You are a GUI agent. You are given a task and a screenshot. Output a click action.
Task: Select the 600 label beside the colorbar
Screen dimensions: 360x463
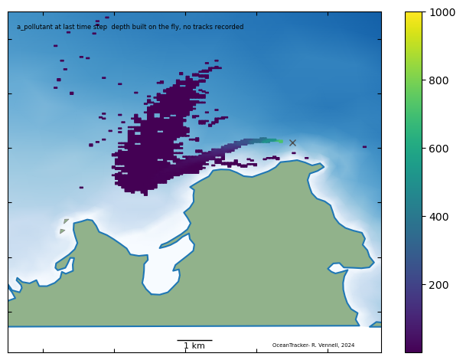439,149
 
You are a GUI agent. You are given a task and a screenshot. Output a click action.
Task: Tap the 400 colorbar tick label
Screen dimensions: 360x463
439,217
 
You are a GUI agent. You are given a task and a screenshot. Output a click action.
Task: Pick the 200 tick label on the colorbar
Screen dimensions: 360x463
439,285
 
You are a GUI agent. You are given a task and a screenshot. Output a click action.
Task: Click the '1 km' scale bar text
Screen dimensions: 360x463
194,346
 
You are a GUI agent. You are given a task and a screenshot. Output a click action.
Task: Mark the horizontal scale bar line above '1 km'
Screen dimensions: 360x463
194,340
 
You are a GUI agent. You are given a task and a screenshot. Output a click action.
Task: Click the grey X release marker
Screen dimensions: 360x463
292,142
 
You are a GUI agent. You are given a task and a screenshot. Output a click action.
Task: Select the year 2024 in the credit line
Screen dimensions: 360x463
347,345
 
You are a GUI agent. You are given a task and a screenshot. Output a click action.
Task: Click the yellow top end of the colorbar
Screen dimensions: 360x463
413,15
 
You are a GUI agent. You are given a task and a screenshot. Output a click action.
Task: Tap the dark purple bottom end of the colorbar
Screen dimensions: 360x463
413,349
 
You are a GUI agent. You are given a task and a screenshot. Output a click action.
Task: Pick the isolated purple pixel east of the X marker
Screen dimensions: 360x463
364,147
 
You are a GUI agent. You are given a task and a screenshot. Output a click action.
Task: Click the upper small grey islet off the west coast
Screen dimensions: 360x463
67,221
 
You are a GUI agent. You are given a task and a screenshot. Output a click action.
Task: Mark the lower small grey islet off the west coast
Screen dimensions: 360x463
62,231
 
